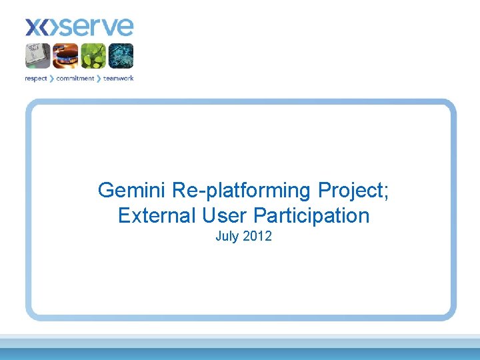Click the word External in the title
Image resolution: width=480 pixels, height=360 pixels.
point(154,216)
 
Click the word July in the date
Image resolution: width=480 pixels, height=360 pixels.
point(227,237)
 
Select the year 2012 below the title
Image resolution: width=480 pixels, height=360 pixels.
point(257,237)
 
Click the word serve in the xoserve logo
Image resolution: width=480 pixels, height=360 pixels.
point(96,27)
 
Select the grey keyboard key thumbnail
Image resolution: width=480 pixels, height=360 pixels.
point(38,56)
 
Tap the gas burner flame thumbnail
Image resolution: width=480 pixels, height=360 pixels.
point(66,56)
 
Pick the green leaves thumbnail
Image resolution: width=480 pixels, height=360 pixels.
point(93,56)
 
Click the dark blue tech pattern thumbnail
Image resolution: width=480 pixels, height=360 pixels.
point(121,56)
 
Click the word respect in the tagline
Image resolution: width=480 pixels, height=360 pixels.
point(36,79)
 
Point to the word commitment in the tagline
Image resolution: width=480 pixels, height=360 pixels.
point(75,79)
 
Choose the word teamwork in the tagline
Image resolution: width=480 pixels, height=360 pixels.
point(118,79)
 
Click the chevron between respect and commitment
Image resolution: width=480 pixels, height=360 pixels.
point(52,79)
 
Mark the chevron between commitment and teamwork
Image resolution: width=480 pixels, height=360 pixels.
point(99,79)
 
